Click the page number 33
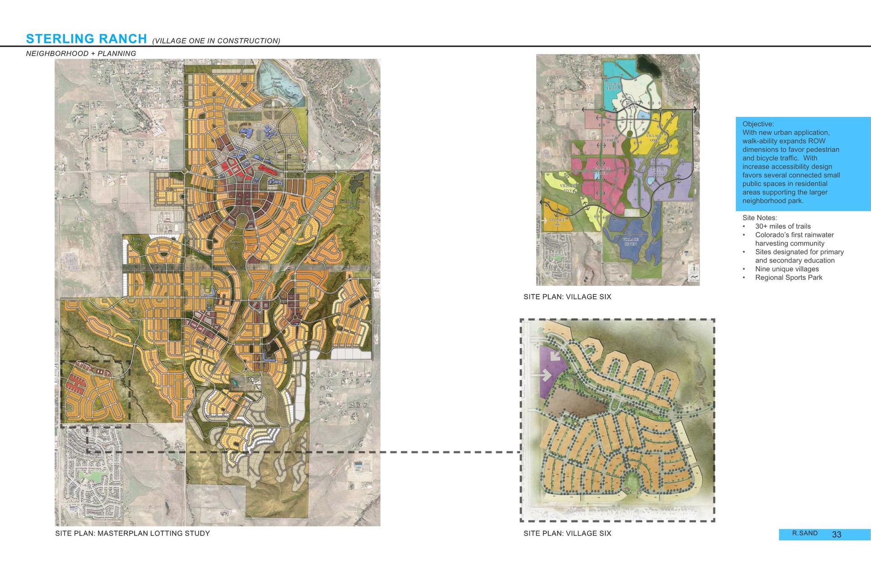837,534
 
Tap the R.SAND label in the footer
805,533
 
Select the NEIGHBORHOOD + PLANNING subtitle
81,53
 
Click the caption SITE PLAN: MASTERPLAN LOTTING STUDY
132,534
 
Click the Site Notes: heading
759,218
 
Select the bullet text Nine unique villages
787,269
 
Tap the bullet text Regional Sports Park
788,278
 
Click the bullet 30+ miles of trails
783,227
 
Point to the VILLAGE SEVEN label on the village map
630,242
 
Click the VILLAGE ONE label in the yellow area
654,138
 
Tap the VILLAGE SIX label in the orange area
557,222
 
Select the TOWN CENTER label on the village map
631,105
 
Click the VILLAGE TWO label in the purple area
659,172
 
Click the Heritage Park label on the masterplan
138,241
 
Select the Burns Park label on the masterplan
234,245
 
